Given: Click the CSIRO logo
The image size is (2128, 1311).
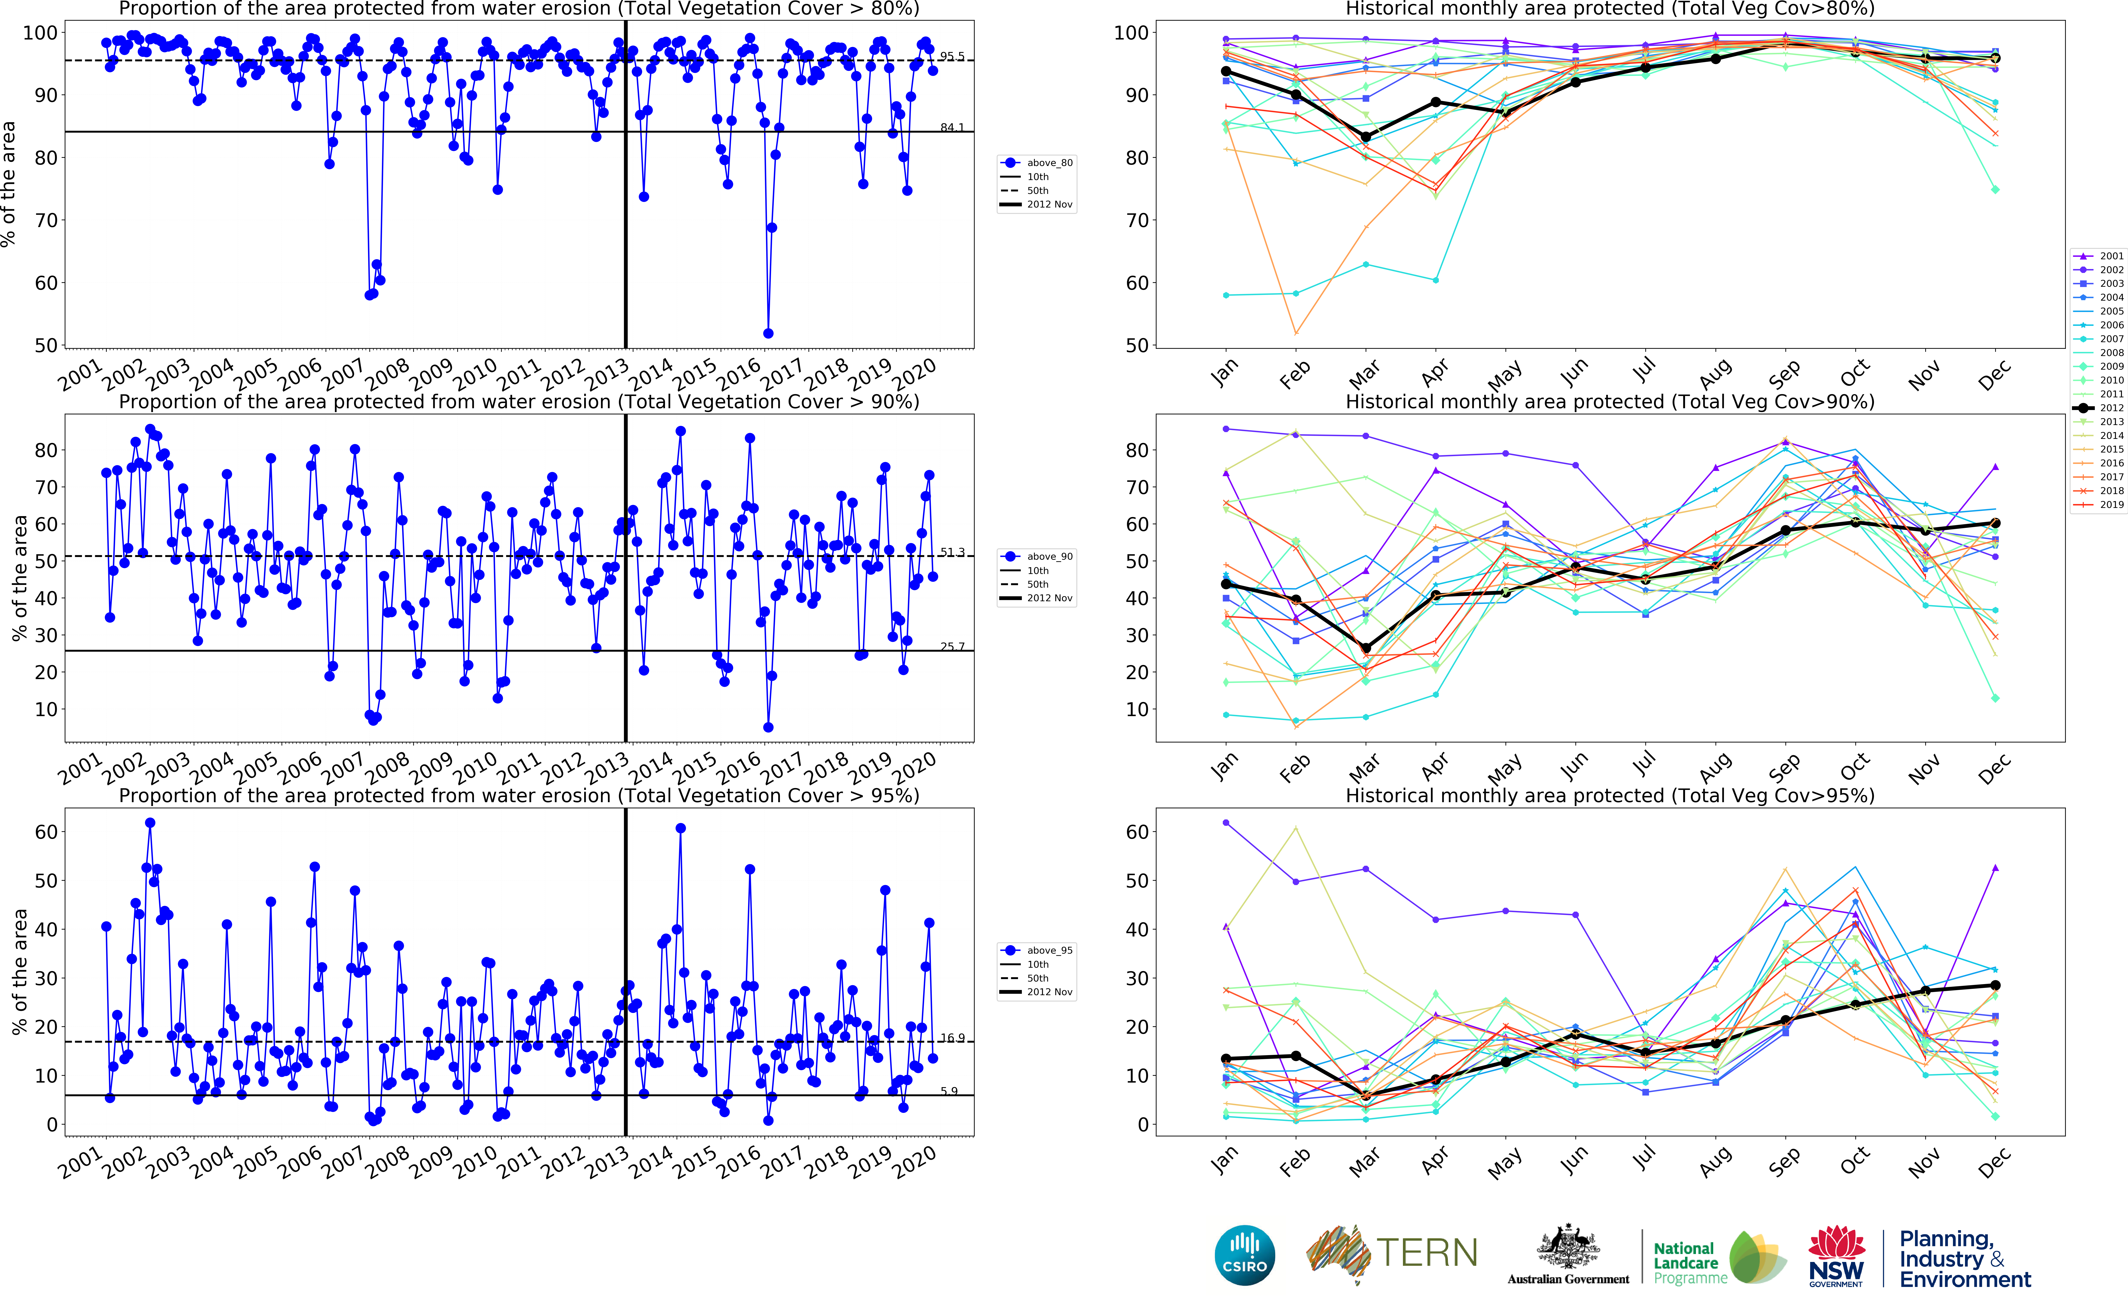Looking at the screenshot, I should [x=1245, y=1255].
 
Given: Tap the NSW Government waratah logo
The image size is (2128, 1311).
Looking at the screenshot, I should [x=1836, y=1255].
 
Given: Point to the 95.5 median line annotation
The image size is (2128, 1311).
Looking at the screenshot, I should [x=952, y=56].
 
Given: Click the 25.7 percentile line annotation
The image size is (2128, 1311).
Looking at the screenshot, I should [x=952, y=647].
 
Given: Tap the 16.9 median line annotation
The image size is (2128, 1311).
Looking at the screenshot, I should [x=952, y=1038].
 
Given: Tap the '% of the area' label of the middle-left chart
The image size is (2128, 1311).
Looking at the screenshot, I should [x=19, y=578].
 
